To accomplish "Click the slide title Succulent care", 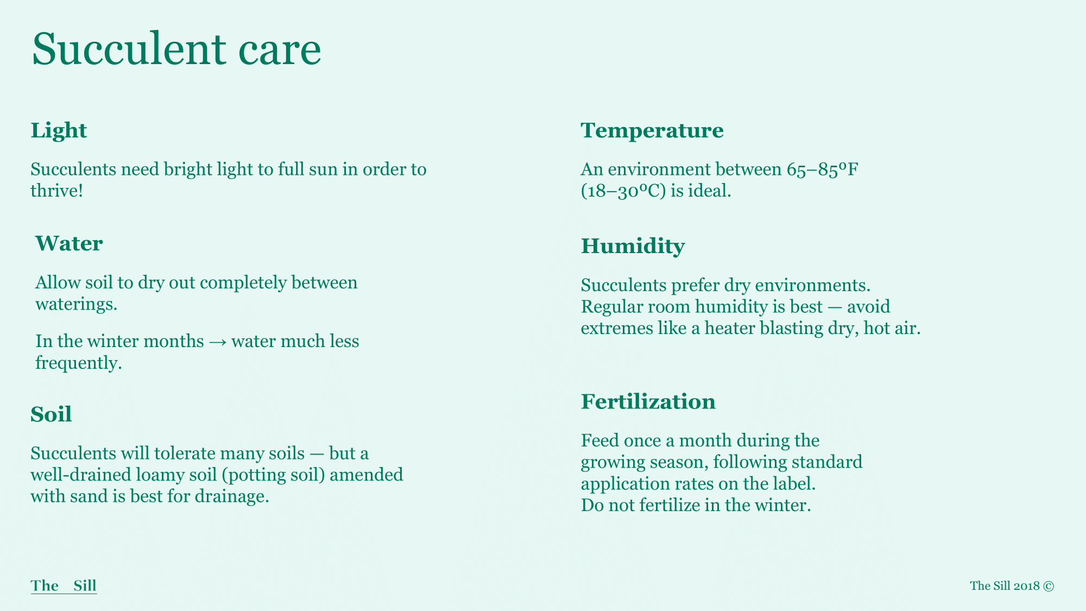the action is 176,49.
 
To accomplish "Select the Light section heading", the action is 59,131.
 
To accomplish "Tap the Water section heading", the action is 69,243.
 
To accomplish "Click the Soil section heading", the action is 51,414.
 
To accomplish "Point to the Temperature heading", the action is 652,131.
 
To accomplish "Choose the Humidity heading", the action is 633,247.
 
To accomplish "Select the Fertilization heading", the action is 648,402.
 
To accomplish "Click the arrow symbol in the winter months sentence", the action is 218,342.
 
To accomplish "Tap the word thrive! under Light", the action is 57,191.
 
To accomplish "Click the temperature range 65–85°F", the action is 822,169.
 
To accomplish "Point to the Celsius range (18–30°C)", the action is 623,191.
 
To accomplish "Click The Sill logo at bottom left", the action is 64,586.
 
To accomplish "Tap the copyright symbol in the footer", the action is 1049,586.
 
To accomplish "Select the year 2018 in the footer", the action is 1026,586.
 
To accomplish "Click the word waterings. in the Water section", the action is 77,305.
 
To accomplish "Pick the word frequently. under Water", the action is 79,363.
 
